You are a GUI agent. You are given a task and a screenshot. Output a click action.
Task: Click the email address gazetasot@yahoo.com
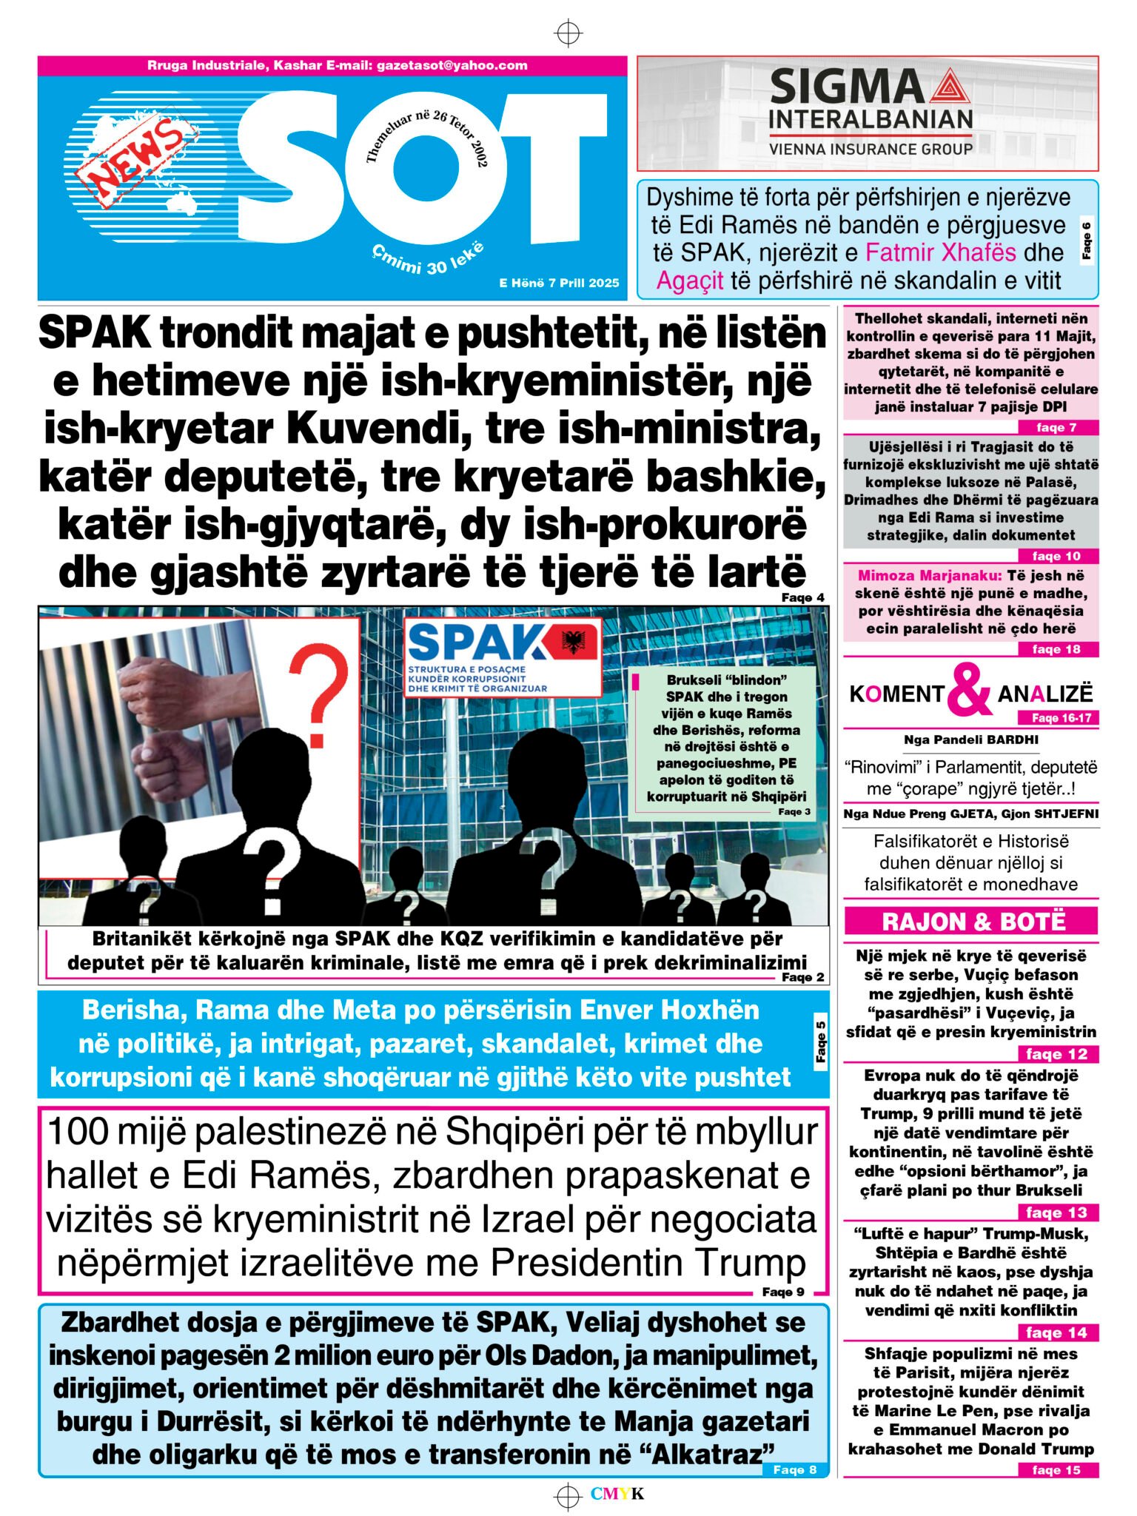[452, 65]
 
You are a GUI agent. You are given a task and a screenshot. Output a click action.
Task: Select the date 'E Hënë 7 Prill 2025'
[559, 283]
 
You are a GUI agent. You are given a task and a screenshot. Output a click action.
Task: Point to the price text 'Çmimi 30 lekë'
[428, 258]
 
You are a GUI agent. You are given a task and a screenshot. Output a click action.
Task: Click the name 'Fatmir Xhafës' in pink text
[942, 252]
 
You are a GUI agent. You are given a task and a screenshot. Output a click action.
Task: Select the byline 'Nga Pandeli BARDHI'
[970, 739]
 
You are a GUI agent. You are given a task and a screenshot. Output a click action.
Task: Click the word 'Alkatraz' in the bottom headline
[710, 1455]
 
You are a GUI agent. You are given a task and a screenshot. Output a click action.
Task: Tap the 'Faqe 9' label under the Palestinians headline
[783, 1292]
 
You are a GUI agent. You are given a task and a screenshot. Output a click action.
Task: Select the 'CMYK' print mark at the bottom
[617, 1493]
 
